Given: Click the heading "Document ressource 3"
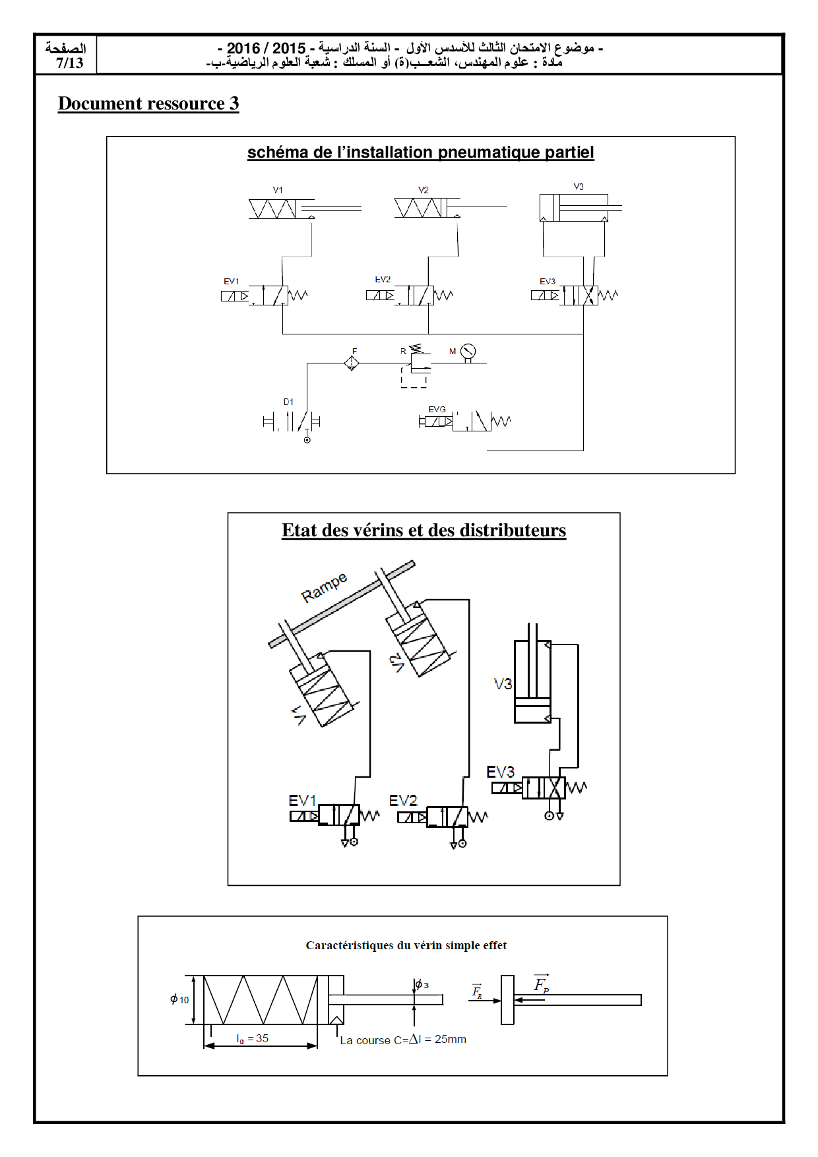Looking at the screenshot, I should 148,104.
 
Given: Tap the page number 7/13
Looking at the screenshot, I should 69,63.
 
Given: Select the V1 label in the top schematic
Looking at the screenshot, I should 278,190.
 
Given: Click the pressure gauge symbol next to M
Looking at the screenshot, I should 468,351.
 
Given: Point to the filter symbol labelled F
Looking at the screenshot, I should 352,362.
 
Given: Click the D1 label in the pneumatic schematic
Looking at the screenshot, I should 288,402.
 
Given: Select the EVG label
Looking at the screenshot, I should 437,410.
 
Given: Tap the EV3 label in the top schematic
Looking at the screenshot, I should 548,282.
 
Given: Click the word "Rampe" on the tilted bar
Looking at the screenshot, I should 324,587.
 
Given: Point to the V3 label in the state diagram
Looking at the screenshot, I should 503,684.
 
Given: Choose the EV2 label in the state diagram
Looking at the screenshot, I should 403,801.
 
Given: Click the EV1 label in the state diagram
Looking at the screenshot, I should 302,801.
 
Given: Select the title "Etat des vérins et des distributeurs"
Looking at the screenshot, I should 424,530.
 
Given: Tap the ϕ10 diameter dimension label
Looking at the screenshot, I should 179,999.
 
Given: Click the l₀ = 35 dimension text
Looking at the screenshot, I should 253,1038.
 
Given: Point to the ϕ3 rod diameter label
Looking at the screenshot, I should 422,985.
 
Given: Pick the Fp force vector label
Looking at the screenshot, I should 541,984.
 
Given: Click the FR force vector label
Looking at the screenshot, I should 477,991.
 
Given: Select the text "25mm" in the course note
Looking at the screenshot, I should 451,1039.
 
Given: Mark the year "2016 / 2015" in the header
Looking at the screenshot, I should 266,48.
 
